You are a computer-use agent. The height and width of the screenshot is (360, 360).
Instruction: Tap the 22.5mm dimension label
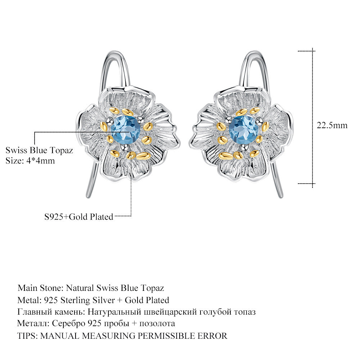tap(332, 125)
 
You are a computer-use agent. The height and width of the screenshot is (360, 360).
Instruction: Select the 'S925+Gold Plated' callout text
tap(79, 217)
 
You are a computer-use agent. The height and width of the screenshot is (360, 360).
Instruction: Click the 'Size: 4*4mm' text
tap(30, 161)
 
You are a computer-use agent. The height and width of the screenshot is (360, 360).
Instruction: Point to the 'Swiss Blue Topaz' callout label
tap(39, 150)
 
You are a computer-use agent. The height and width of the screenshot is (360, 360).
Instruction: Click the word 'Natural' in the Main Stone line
tap(80, 288)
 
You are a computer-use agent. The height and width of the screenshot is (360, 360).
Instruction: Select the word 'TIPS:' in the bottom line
tap(27, 336)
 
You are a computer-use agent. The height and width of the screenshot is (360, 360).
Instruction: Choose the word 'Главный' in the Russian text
tap(35, 312)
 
